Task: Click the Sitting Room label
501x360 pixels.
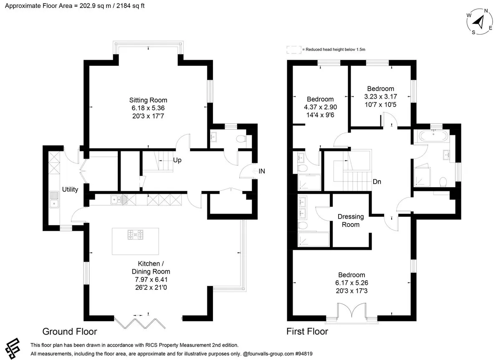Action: click(148, 100)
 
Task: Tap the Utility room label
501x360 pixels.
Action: click(70, 189)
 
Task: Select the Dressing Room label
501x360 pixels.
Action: click(351, 220)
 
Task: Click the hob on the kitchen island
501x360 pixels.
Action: click(135, 234)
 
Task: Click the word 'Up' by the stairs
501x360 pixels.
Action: click(177, 160)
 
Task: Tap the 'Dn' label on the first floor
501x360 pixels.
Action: click(377, 182)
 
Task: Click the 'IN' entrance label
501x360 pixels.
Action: click(262, 171)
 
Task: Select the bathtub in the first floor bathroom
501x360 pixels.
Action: click(433, 136)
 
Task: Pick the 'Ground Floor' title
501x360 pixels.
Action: click(70, 331)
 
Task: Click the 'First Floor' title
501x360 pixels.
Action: click(307, 331)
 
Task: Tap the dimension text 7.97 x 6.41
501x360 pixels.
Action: click(151, 279)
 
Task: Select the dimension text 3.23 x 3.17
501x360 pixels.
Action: click(380, 96)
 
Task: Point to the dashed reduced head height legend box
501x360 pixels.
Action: click(294, 50)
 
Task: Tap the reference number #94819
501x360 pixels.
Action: click(304, 354)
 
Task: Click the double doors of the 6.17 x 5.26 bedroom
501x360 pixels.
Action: click(352, 311)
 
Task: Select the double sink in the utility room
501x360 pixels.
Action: click(54, 199)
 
